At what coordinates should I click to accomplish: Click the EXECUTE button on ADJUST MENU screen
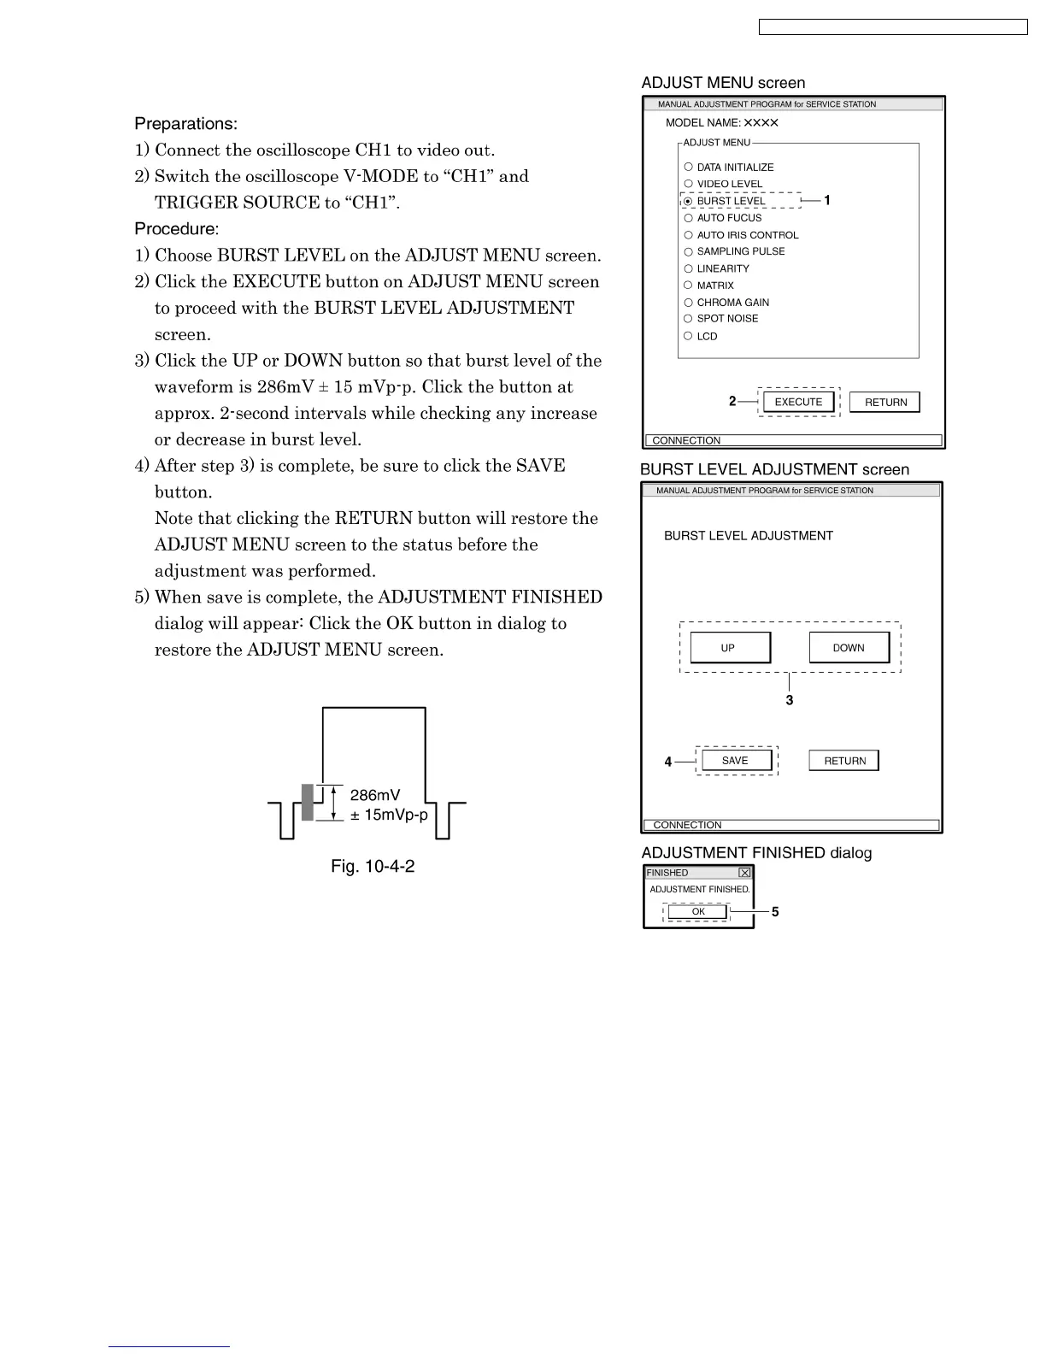tap(798, 402)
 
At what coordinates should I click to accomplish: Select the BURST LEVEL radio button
tap(688, 201)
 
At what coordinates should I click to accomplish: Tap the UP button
tap(728, 648)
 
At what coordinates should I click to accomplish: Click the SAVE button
tap(735, 761)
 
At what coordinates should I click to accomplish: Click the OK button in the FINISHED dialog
tap(698, 912)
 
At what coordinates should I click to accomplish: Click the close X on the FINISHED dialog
tap(744, 873)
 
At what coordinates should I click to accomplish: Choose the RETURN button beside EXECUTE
tap(885, 403)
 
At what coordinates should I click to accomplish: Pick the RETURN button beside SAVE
tap(844, 761)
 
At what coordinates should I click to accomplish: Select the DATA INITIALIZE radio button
tap(688, 168)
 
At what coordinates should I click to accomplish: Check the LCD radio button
tap(688, 336)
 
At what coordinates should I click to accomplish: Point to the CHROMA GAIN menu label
tap(732, 303)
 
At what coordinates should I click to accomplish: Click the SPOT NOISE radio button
tap(688, 319)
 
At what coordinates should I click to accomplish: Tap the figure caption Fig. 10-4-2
tap(373, 867)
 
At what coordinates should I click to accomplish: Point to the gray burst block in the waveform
tap(308, 802)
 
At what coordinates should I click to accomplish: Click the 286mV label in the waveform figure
tap(375, 795)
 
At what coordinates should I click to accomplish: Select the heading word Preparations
tap(185, 124)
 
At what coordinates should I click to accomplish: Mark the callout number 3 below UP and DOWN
tap(790, 701)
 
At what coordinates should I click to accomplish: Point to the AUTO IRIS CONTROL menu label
tap(747, 235)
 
